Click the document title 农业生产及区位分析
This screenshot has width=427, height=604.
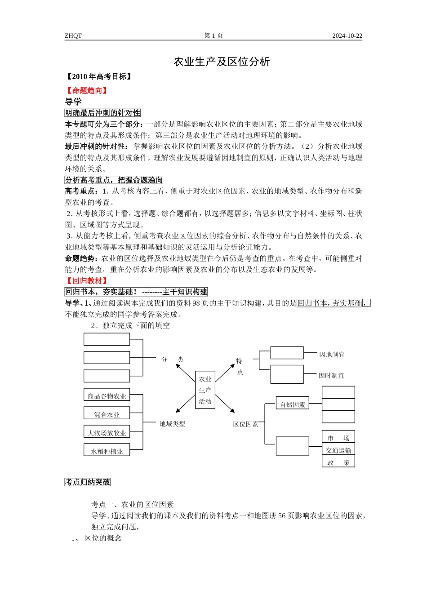click(222, 62)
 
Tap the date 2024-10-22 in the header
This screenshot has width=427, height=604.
click(347, 36)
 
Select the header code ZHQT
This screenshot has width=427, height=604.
click(73, 36)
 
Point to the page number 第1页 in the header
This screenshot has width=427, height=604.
click(213, 36)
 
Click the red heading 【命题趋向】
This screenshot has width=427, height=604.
click(87, 90)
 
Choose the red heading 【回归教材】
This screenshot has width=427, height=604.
click(87, 280)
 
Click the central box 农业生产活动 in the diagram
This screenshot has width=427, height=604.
click(205, 390)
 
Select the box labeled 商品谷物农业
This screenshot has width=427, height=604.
click(107, 396)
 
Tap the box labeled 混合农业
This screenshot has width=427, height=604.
click(107, 414)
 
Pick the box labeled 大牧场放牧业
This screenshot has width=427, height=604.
click(107, 433)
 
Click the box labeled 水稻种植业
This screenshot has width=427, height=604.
click(107, 451)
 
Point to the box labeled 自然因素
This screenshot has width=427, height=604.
click(293, 404)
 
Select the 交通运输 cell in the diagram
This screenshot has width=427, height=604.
click(338, 450)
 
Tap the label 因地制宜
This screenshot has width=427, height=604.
click(332, 355)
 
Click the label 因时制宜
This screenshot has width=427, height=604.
click(331, 376)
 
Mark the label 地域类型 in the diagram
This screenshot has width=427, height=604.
click(172, 424)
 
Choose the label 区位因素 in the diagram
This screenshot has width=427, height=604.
click(245, 424)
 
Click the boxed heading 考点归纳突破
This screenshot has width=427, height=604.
click(88, 482)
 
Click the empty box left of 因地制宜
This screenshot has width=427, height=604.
click(287, 353)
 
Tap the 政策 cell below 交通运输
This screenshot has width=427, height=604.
click(338, 462)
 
